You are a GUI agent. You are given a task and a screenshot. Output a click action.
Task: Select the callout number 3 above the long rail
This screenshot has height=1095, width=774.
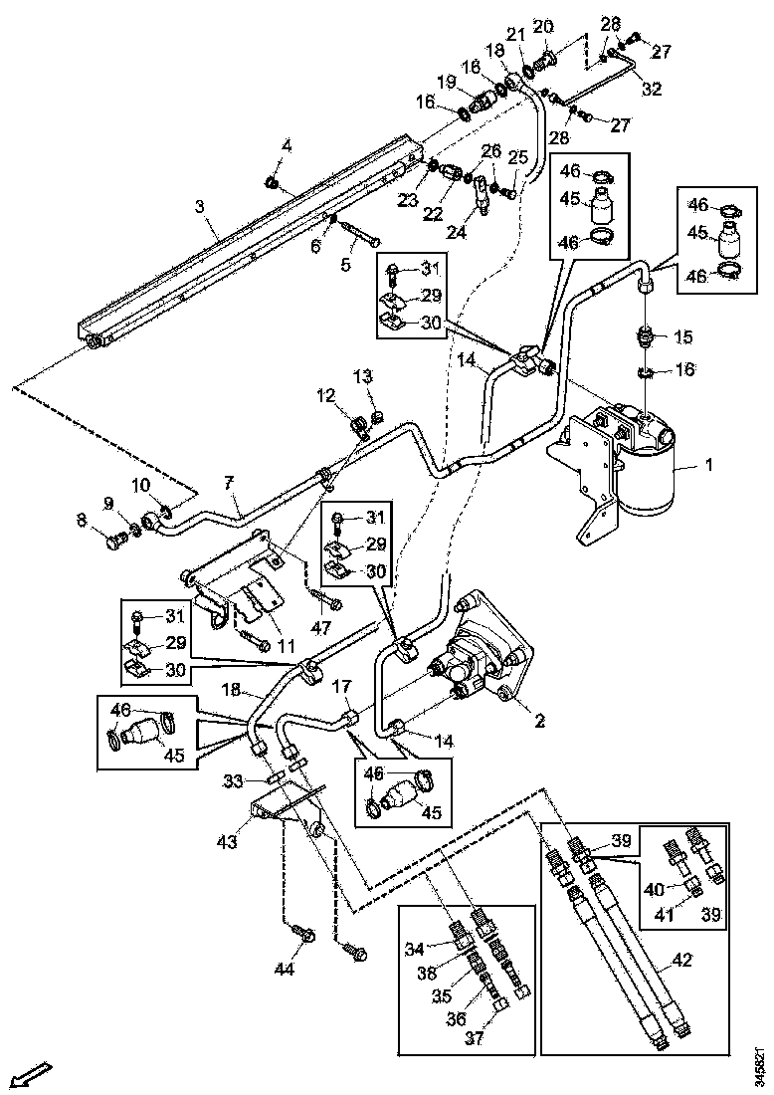pos(200,206)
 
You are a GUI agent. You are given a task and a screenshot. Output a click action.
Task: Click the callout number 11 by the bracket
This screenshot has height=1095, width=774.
pos(286,646)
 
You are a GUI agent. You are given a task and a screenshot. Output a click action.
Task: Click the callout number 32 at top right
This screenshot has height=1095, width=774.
pos(652,89)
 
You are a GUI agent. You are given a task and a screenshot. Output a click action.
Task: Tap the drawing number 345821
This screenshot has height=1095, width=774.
pos(761,1061)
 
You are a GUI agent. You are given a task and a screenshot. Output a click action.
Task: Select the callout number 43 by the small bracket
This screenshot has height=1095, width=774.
pos(228,842)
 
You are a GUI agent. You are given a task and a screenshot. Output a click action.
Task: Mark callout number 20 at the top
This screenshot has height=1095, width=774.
pos(544,25)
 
